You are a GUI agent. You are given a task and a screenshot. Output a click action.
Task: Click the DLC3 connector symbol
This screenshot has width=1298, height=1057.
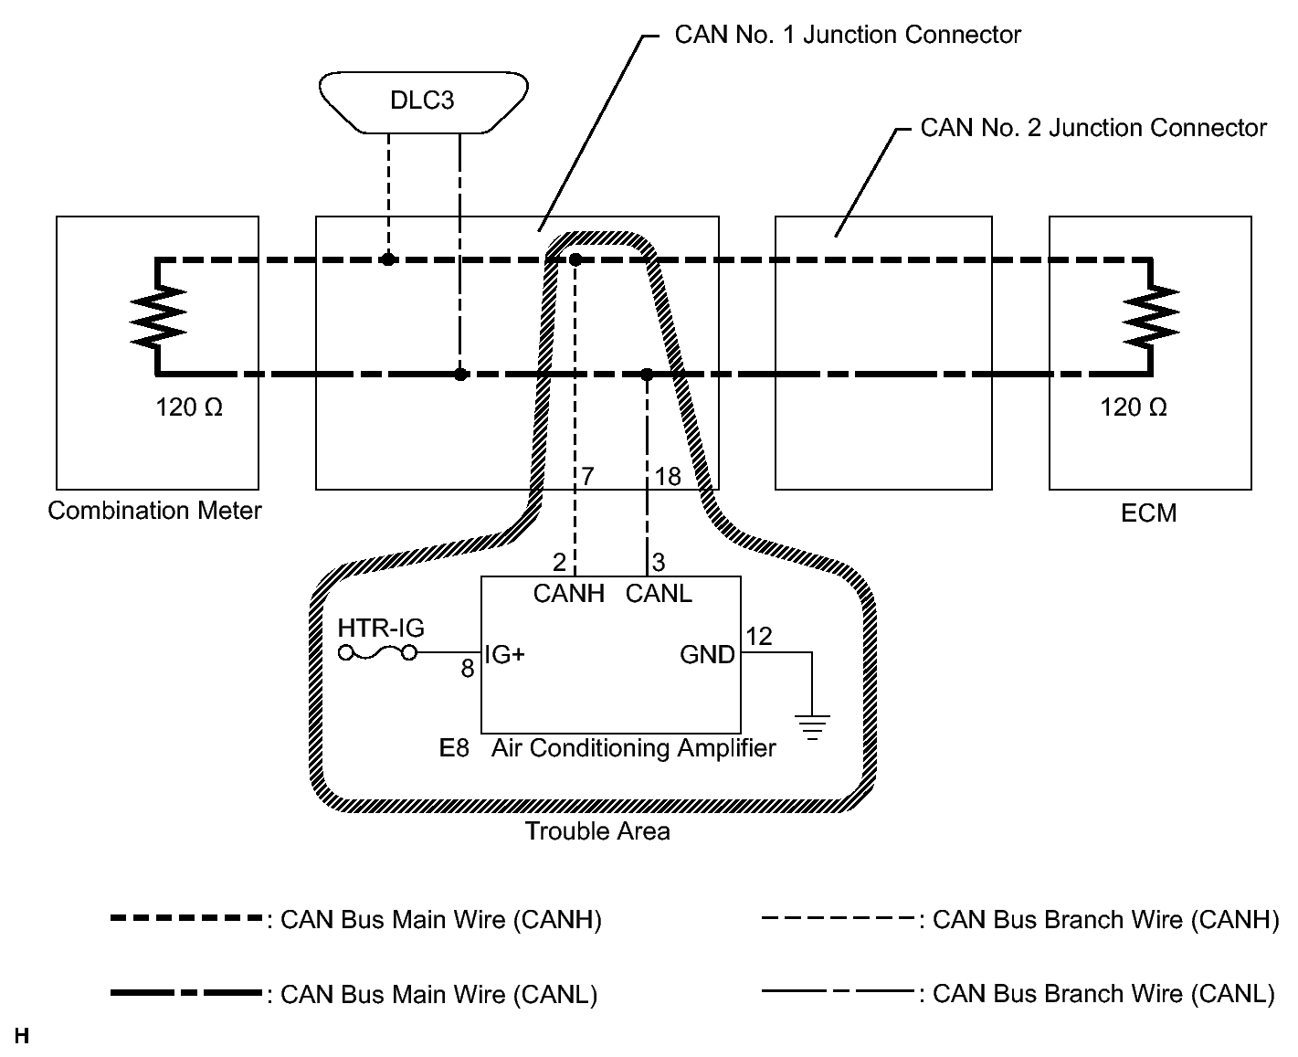click(424, 100)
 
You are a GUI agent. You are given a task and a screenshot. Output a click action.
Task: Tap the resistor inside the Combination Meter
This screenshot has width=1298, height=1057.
click(159, 315)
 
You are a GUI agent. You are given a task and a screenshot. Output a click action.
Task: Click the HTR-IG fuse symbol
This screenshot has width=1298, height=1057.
click(377, 652)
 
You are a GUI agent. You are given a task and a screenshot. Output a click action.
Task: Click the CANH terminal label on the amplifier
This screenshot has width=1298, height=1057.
click(569, 594)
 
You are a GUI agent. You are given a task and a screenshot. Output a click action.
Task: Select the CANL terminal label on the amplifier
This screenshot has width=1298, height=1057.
click(659, 594)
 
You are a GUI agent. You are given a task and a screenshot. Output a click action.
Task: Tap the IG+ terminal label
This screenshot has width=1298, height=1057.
click(504, 654)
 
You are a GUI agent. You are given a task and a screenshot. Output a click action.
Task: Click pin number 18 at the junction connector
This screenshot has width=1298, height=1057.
click(668, 476)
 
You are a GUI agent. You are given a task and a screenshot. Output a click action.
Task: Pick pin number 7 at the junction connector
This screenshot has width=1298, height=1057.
click(587, 476)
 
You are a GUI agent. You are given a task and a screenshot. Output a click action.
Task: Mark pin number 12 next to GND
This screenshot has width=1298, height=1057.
click(758, 636)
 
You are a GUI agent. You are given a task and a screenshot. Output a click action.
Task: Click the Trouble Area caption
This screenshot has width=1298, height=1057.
click(597, 831)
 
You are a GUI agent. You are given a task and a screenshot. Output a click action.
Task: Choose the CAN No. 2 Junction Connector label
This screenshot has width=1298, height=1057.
click(1093, 128)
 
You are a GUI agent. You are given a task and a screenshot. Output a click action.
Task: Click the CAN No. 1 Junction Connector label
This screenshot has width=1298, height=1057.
click(847, 35)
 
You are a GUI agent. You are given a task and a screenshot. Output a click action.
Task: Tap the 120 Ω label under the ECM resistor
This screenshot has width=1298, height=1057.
click(1134, 407)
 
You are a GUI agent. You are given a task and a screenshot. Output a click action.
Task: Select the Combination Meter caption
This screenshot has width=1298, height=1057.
click(154, 511)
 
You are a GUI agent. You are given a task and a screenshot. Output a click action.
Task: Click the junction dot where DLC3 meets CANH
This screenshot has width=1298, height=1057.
click(388, 259)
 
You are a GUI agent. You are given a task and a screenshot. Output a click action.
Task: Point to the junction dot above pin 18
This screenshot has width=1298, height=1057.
click(647, 375)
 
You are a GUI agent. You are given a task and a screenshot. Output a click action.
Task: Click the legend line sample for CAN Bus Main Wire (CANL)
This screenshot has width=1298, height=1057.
click(186, 993)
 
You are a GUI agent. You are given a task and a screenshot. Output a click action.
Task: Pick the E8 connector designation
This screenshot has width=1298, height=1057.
click(454, 749)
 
